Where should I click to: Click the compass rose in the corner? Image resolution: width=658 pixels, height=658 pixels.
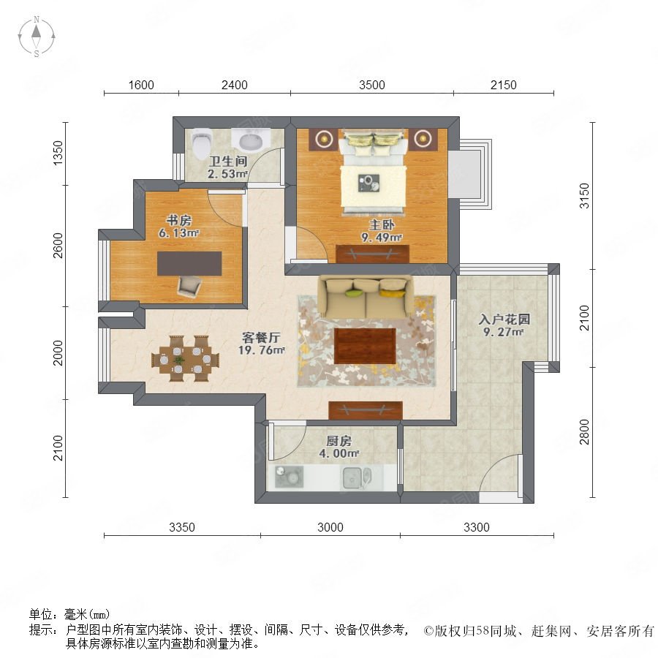(37, 37)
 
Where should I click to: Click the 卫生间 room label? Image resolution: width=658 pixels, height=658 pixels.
(228, 161)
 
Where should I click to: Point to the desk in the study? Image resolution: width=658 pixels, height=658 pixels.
(189, 263)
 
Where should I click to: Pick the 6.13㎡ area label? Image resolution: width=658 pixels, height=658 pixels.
(178, 233)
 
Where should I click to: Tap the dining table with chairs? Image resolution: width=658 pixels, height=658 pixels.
(185, 358)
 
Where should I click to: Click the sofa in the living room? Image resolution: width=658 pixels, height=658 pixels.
(365, 296)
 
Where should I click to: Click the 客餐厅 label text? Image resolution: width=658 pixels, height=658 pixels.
(261, 337)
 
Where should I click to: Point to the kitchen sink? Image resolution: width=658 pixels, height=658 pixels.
(357, 478)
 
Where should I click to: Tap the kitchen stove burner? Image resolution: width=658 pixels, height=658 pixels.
(289, 477)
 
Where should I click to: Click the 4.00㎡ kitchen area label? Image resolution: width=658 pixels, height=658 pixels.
(339, 453)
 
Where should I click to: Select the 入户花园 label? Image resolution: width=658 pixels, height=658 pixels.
(504, 319)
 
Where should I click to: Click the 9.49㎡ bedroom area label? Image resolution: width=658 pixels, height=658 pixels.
(382, 238)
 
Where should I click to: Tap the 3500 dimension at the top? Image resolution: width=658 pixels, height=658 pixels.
(372, 85)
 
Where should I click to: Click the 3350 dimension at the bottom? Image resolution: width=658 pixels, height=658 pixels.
(182, 527)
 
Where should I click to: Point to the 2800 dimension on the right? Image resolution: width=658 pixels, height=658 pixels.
(584, 432)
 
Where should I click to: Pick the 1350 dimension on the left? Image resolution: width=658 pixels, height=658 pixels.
(58, 153)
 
